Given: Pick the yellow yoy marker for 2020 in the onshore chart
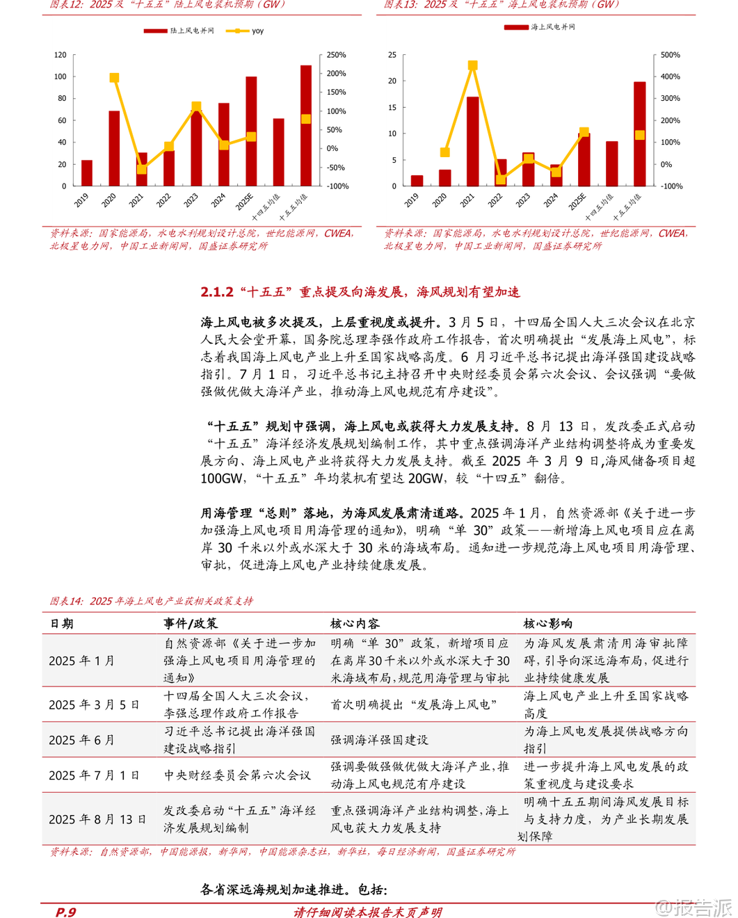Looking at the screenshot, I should tap(114, 78).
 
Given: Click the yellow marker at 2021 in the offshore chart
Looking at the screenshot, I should tap(472, 65).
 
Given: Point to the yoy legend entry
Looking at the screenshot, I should tap(251, 31).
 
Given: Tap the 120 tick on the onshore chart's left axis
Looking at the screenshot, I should tap(61, 55).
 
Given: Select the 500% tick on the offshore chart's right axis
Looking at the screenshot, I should tap(671, 55).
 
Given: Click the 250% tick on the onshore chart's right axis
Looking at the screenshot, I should tap(336, 55).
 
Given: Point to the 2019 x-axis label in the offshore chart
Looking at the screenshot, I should tap(412, 200).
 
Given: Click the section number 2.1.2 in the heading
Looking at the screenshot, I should tap(216, 292).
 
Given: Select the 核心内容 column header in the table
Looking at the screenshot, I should tap(355, 624).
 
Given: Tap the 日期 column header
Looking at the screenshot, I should tap(61, 624).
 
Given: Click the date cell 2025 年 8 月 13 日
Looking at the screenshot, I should tap(97, 819).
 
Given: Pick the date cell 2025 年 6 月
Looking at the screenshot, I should tap(81, 740).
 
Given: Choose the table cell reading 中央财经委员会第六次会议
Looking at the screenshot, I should tap(237, 775).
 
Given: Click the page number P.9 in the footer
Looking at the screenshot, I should tap(65, 912).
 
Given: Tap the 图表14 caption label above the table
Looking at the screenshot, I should tap(66, 601).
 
